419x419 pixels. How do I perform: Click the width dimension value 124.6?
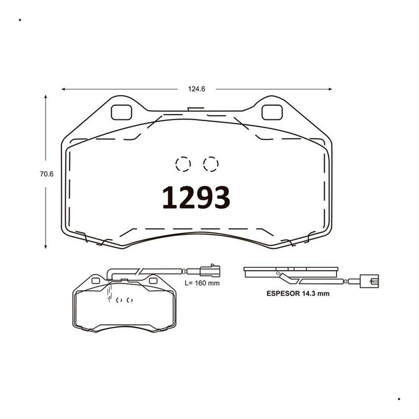click(x=196, y=89)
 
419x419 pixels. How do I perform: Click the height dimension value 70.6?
click(x=47, y=174)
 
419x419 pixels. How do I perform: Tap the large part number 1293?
click(x=196, y=198)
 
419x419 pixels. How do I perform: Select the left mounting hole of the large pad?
click(x=121, y=112)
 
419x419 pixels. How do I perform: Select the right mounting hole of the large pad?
click(x=272, y=112)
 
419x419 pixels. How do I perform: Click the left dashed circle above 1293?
click(x=183, y=164)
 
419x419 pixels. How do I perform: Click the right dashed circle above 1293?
click(x=211, y=164)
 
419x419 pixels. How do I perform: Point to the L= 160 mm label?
click(x=202, y=283)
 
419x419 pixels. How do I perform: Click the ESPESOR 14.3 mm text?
click(x=298, y=293)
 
